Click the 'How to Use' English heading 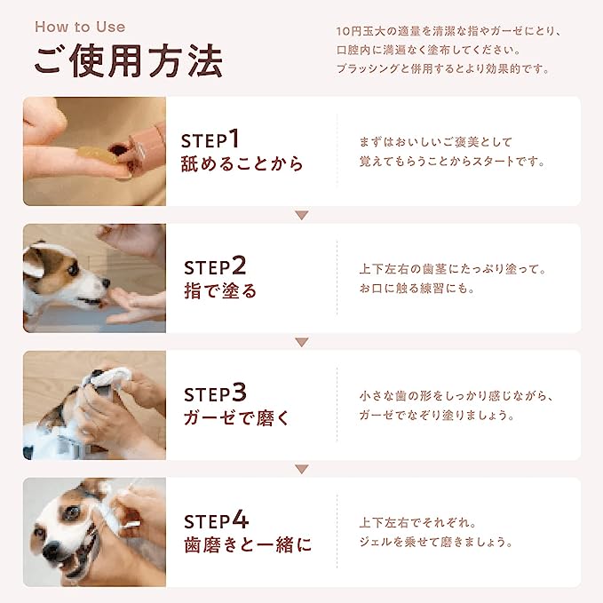click(x=80, y=27)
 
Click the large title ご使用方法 click(x=129, y=60)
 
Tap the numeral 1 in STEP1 click(x=234, y=139)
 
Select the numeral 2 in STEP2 click(x=239, y=266)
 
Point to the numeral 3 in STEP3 click(x=239, y=393)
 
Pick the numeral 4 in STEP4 click(x=241, y=520)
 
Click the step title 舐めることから click(x=242, y=163)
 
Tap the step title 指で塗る click(x=220, y=290)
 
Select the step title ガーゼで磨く click(x=236, y=417)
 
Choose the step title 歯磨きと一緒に click(x=248, y=544)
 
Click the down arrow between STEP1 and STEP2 click(x=302, y=215)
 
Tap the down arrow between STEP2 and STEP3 click(x=302, y=342)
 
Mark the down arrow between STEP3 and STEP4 click(x=302, y=469)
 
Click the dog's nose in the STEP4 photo click(x=52, y=550)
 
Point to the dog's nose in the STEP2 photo click(x=106, y=283)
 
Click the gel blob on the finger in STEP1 click(x=95, y=155)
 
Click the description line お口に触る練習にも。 click(x=417, y=288)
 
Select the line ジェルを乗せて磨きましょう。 click(x=436, y=542)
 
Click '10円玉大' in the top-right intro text click(x=361, y=32)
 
